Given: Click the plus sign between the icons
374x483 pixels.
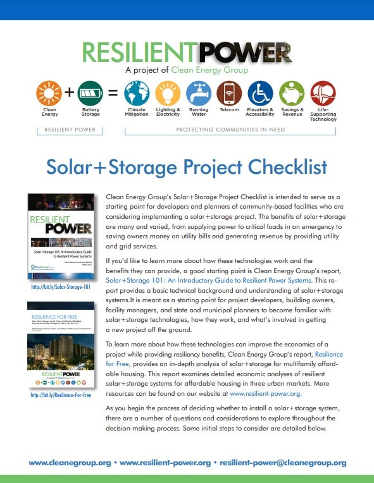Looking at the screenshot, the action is click(x=70, y=93).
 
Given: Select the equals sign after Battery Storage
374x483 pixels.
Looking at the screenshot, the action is click(x=113, y=93).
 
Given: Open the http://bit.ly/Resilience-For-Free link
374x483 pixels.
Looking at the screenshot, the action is click(x=61, y=395).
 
